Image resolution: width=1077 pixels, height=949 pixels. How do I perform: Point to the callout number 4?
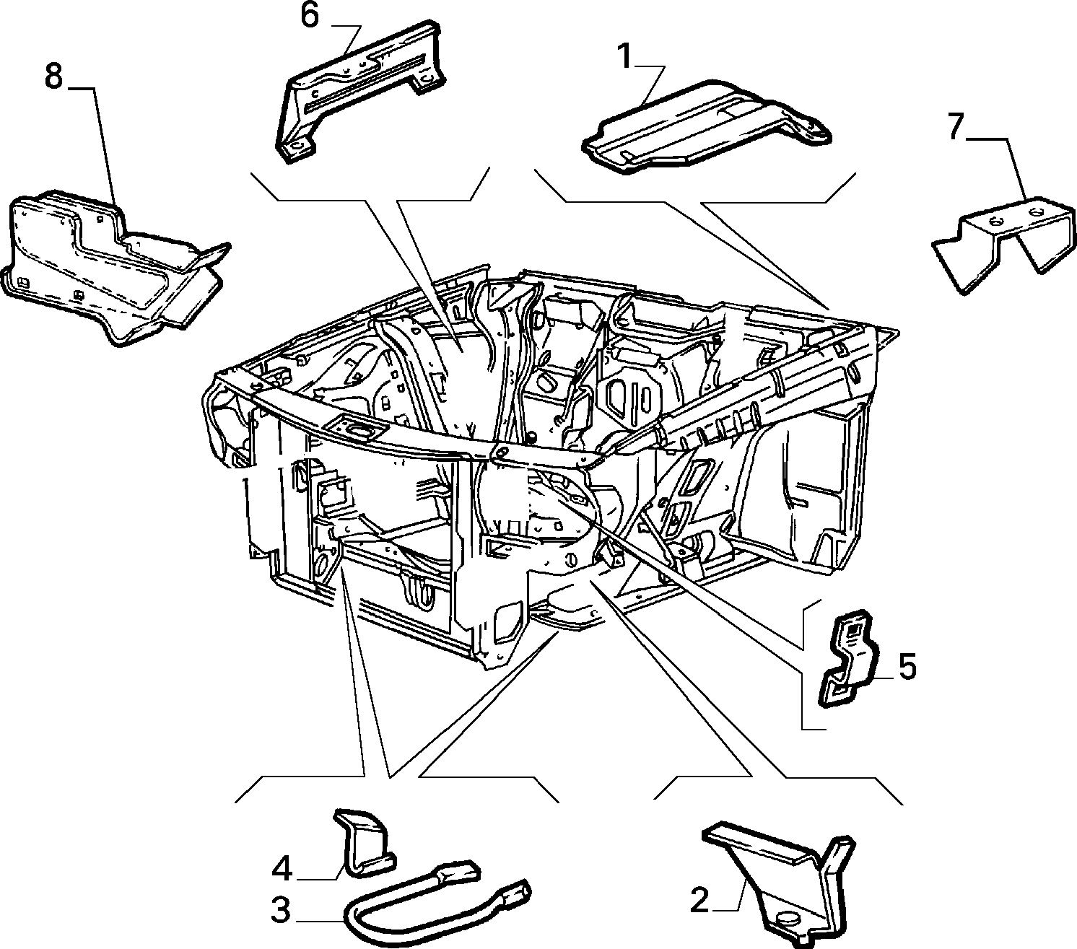[282, 870]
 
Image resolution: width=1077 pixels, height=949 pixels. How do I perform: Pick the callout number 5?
[907, 668]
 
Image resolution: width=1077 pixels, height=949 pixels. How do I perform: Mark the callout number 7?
[956, 128]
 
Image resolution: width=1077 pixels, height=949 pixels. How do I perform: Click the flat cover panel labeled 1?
[707, 128]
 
